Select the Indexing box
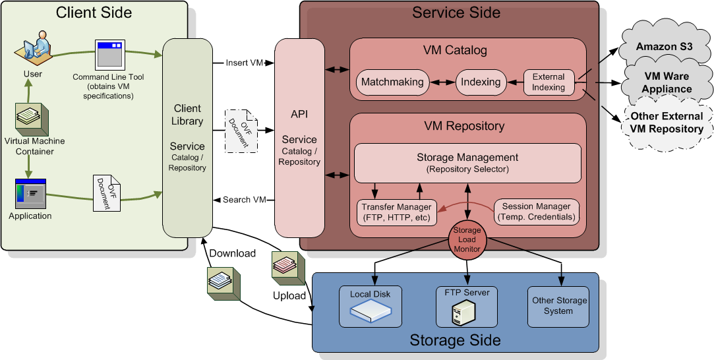pos(481,82)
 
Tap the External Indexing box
pos(549,82)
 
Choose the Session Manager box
pos(537,212)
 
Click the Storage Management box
pos(467,163)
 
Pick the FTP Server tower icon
pos(466,313)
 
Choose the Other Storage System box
pos(558,306)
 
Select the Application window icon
pos(30,195)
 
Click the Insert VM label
pos(245,63)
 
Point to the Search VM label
pos(244,200)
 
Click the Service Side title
pos(456,13)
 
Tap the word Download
pos(232,254)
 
